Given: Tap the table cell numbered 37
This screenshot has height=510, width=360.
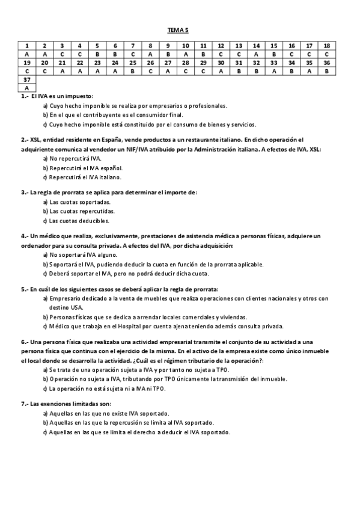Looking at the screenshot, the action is (27, 79).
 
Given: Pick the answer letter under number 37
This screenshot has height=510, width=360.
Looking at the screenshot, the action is (27, 88).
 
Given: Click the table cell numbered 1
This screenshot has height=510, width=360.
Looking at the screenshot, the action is (27, 45).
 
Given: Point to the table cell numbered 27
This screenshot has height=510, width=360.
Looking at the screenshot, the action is (168, 63).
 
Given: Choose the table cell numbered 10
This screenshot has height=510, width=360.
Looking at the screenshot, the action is (186, 45).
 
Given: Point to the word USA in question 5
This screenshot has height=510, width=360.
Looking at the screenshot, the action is (76, 307).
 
